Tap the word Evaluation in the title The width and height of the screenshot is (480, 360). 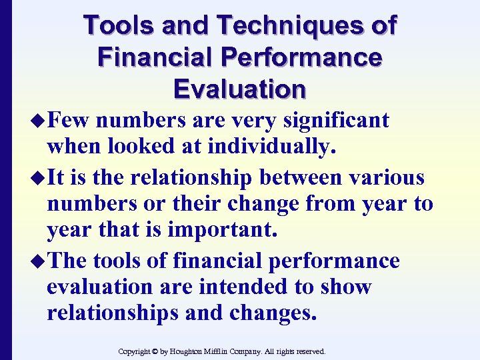239,88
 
